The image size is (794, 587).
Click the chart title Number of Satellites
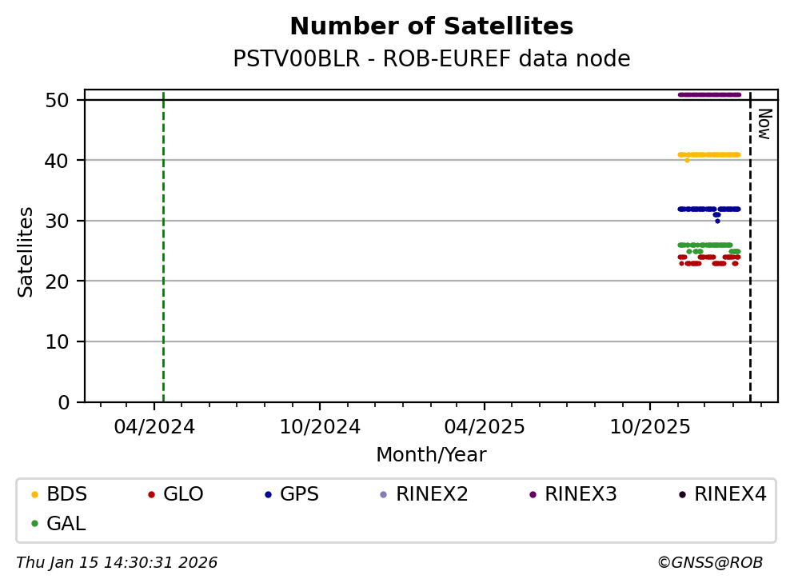point(431,27)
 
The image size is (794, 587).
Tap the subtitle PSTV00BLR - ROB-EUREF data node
point(431,59)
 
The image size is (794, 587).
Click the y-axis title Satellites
point(26,252)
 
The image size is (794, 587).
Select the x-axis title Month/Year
point(431,455)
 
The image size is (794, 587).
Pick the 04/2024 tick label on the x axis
point(154,427)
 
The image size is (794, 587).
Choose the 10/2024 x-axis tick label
point(319,427)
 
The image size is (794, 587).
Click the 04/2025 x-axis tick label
point(485,427)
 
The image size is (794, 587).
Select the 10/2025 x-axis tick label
point(650,427)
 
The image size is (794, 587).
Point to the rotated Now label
point(764,124)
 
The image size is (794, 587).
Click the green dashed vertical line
point(163,240)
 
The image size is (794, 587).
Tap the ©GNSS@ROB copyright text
point(709,563)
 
